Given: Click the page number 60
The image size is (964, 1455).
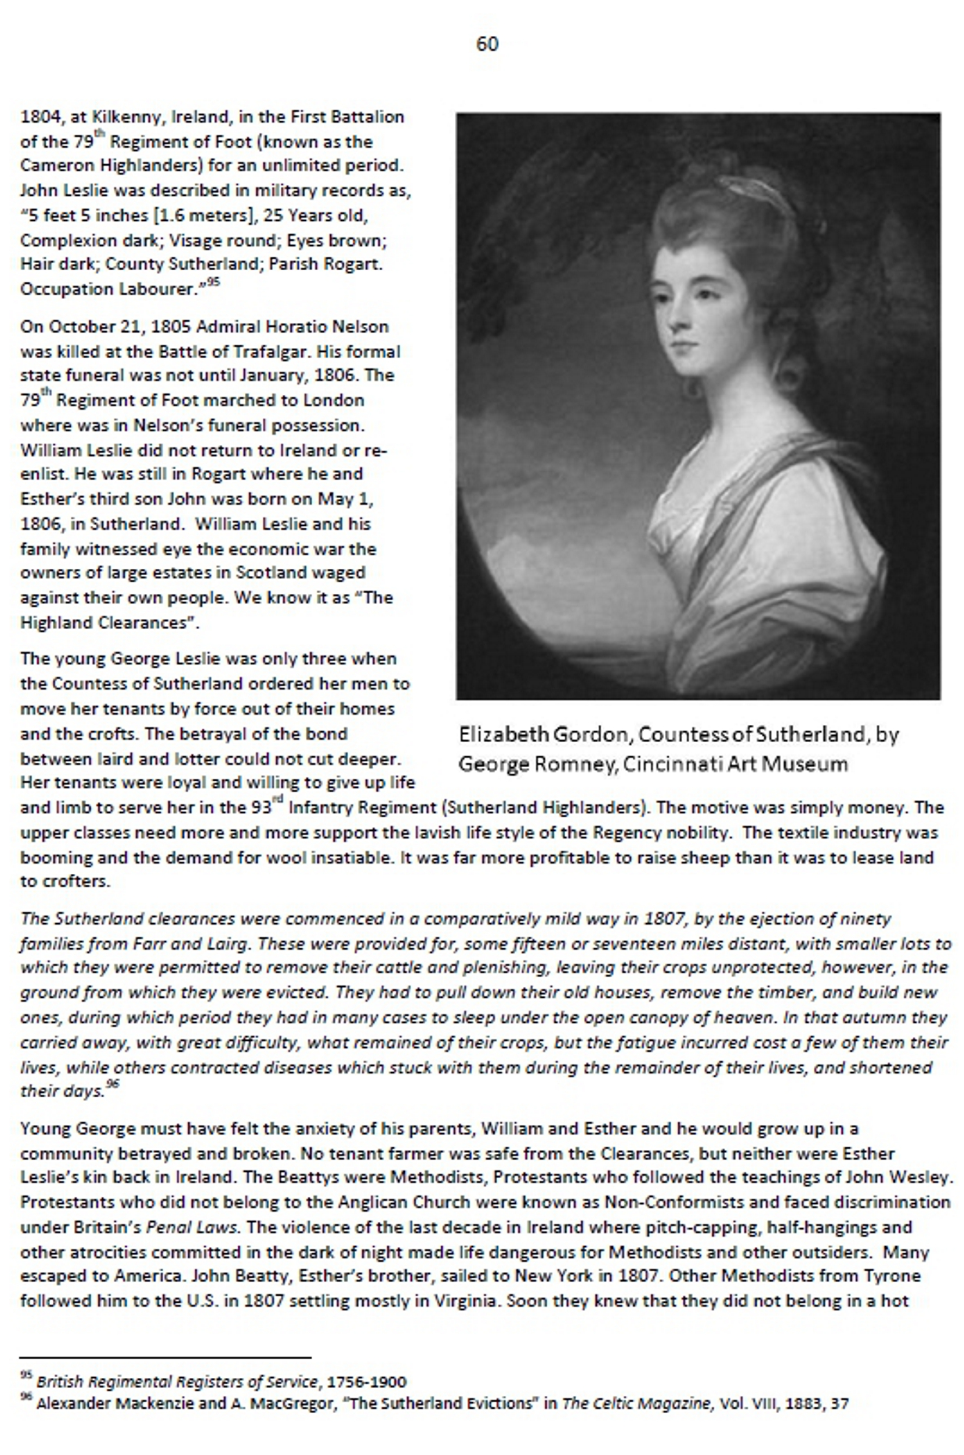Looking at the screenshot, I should coord(487,43).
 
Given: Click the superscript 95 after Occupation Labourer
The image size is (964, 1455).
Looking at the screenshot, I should coord(213,283).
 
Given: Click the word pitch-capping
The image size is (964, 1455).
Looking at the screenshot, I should coord(697,1228).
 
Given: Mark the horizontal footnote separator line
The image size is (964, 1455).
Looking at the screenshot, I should coord(165,1357).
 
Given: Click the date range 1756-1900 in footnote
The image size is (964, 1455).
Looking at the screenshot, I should coord(367,1382).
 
